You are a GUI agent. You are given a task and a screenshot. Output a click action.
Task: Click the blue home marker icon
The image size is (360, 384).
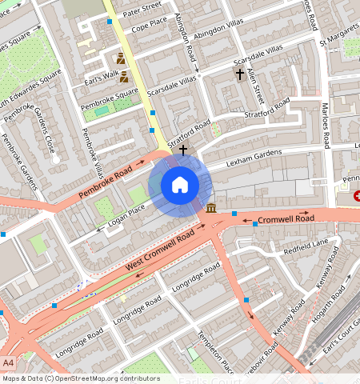coord(180,185)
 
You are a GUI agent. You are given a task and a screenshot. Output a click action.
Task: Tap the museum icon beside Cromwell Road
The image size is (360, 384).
coord(211,209)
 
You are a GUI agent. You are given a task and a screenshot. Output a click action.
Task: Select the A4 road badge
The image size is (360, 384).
coord(9,363)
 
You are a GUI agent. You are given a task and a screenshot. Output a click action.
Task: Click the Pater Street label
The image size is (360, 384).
coord(142,10)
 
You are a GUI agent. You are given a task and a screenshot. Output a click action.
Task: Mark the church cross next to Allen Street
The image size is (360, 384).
coord(238,74)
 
